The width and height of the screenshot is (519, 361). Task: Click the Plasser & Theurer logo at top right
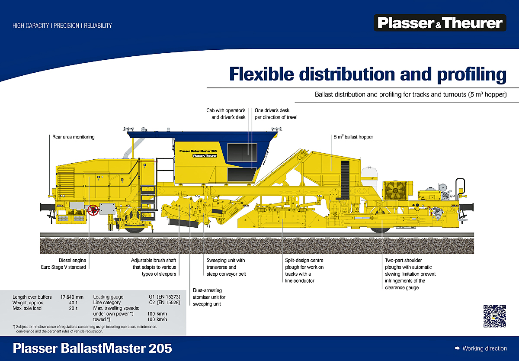439,23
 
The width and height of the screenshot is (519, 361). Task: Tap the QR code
494,316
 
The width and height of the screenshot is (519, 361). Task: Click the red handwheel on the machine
92,211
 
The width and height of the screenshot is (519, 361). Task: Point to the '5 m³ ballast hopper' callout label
353,137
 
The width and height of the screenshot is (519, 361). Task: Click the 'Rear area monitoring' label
73,137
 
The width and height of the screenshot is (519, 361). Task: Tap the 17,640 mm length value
71,297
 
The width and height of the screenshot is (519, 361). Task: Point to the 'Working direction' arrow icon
457,348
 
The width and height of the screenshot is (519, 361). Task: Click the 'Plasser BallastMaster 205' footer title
93,348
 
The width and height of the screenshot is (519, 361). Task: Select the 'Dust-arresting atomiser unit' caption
209,297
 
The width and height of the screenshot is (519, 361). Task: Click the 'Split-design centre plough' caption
304,271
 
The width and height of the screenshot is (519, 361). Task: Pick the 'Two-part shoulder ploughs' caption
410,274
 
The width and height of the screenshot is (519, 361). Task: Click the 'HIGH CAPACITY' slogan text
31,26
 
